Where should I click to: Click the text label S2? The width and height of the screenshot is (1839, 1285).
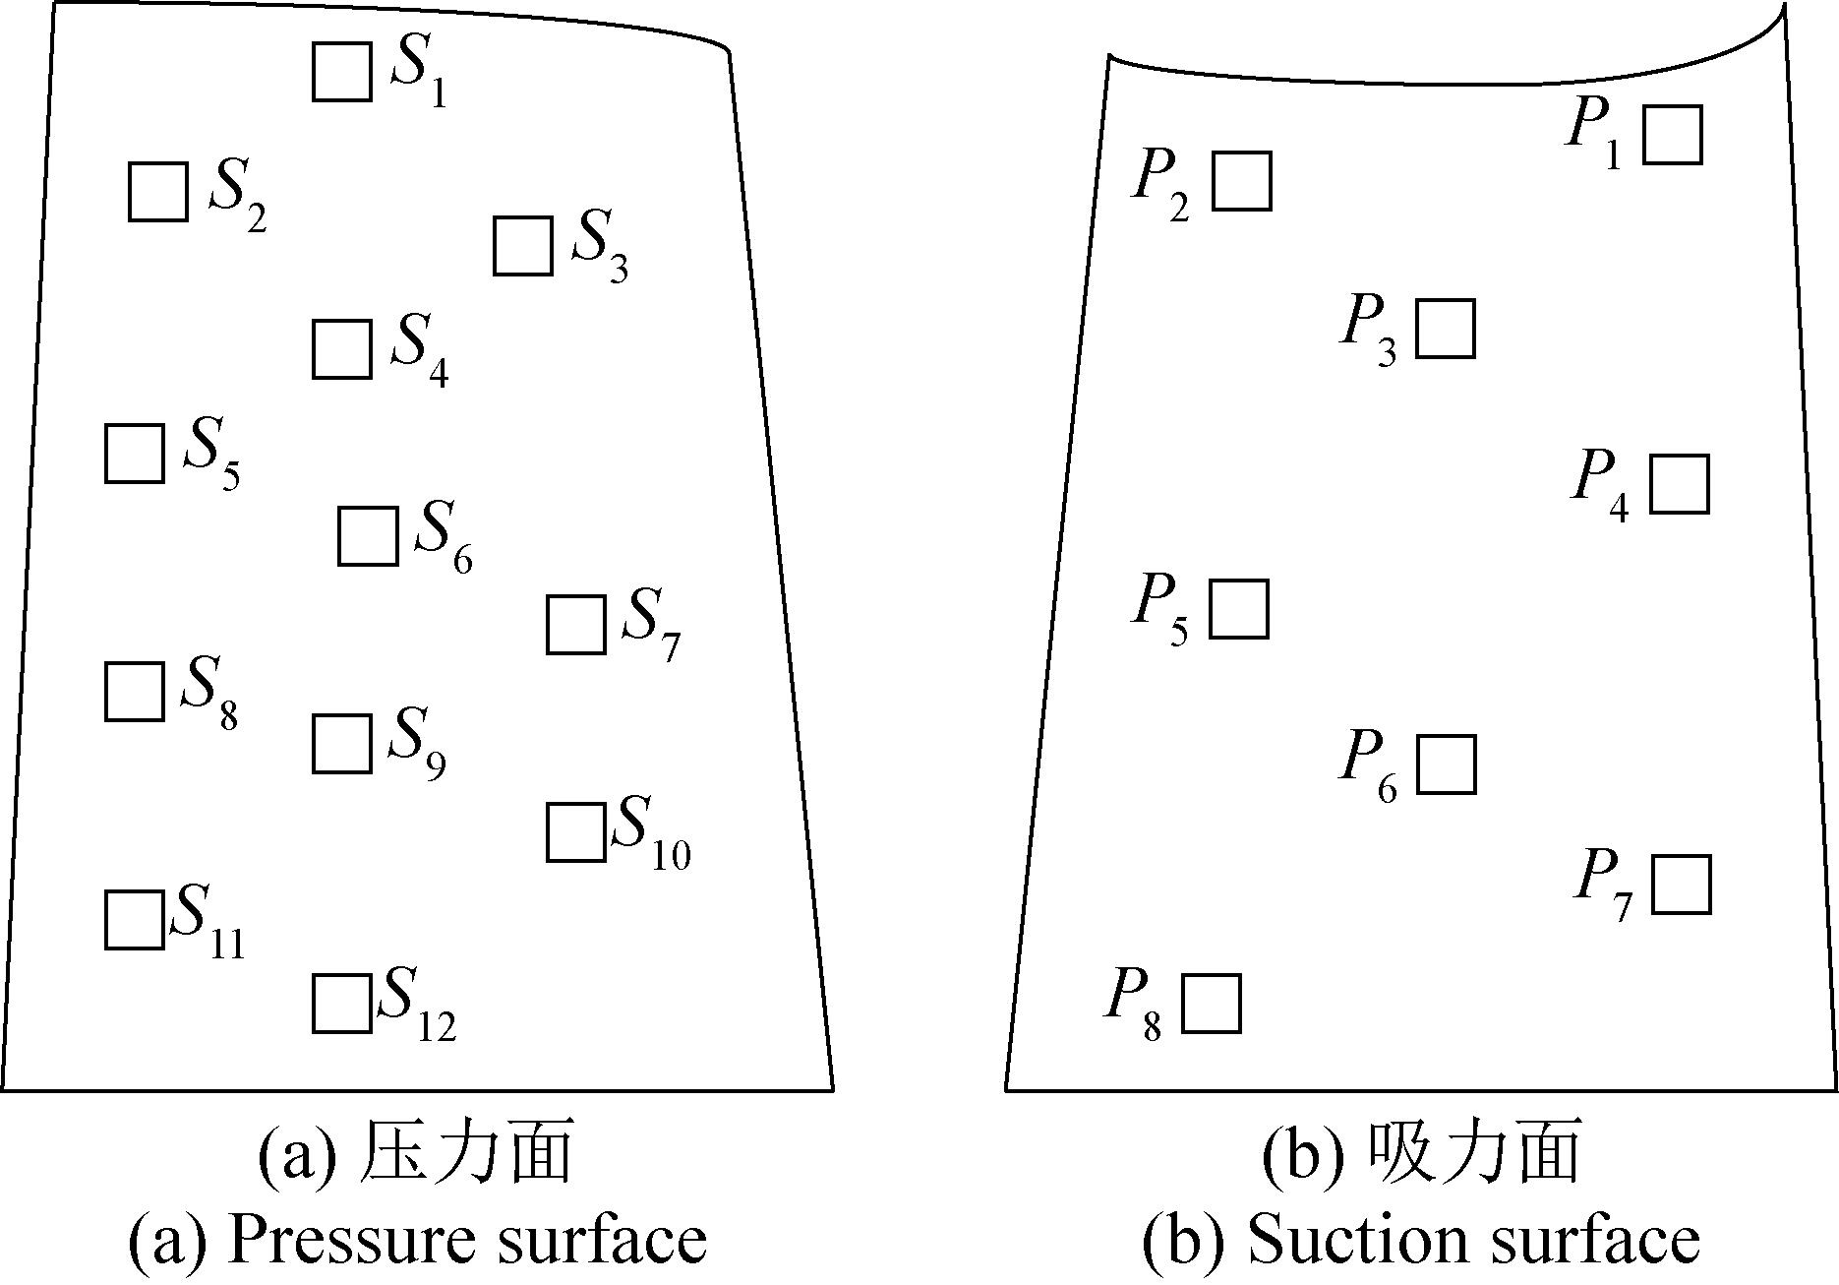pos(237,195)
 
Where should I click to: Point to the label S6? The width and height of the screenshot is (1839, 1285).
pos(444,537)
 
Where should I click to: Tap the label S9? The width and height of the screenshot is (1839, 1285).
pos(417,744)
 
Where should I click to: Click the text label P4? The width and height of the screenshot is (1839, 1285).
pos(1601,484)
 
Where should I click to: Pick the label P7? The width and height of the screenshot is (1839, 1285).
pos(1604,886)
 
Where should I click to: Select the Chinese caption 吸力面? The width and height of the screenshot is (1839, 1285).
pos(1475,1152)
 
